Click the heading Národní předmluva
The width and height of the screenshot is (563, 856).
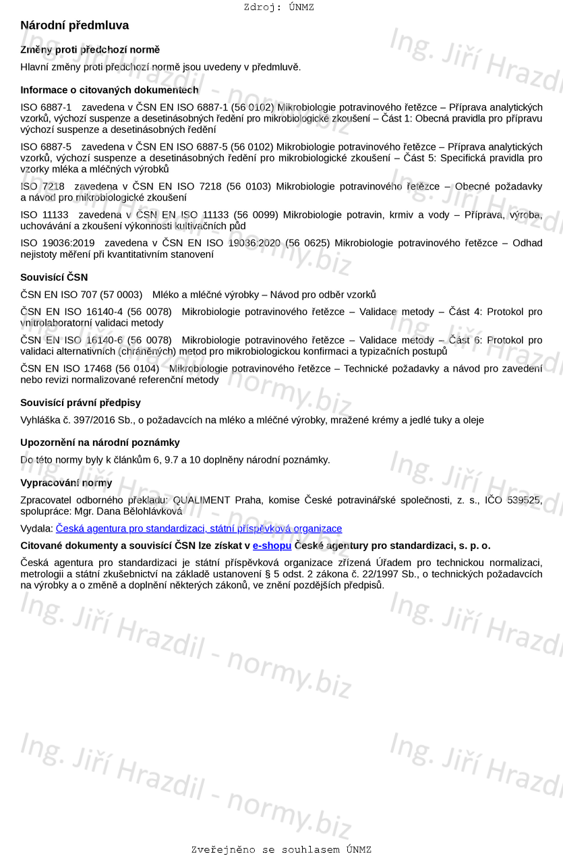pyautogui.click(x=74, y=26)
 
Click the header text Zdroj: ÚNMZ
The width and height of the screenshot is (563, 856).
pyautogui.click(x=278, y=7)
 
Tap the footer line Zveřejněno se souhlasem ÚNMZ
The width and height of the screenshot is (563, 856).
pyautogui.click(x=281, y=849)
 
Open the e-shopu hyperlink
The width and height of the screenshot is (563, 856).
pyautogui.click(x=272, y=546)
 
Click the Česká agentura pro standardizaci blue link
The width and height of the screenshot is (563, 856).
pyautogui.click(x=199, y=529)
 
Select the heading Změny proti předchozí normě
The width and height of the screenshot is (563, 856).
pyautogui.click(x=90, y=50)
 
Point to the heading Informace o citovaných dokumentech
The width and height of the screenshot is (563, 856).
pyautogui.click(x=109, y=90)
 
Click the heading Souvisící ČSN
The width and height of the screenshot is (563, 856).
pyautogui.click(x=54, y=277)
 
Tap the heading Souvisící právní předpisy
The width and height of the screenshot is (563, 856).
pyautogui.click(x=80, y=403)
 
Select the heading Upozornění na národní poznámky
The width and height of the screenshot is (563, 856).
pyautogui.click(x=100, y=443)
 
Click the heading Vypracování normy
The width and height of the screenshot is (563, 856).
pyautogui.click(x=66, y=483)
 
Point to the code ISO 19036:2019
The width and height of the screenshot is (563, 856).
pyautogui.click(x=58, y=243)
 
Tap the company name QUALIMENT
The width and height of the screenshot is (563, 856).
pyautogui.click(x=202, y=500)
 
